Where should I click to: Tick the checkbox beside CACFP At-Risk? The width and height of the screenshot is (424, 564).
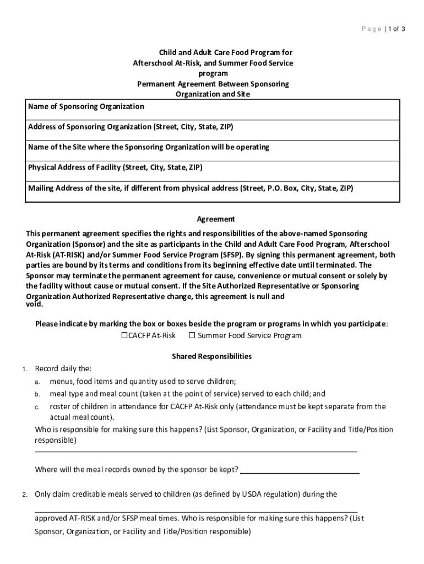pos(124,335)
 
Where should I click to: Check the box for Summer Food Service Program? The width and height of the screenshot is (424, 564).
pos(192,335)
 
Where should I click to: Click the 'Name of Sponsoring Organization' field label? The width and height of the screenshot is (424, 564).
pos(86,106)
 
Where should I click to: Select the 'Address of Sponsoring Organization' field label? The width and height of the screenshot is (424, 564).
pos(131,127)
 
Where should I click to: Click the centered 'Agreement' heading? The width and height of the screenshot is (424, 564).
pos(212,219)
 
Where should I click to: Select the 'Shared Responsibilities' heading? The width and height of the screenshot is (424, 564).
pos(212,356)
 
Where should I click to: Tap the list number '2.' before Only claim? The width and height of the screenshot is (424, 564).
pos(25,495)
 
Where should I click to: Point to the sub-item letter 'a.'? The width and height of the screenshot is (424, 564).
pos(37,382)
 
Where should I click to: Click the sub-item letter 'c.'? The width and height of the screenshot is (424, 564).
pos(37,408)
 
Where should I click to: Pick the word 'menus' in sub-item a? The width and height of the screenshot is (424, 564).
pos(61,381)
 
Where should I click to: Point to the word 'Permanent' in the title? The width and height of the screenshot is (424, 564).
pos(156,84)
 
